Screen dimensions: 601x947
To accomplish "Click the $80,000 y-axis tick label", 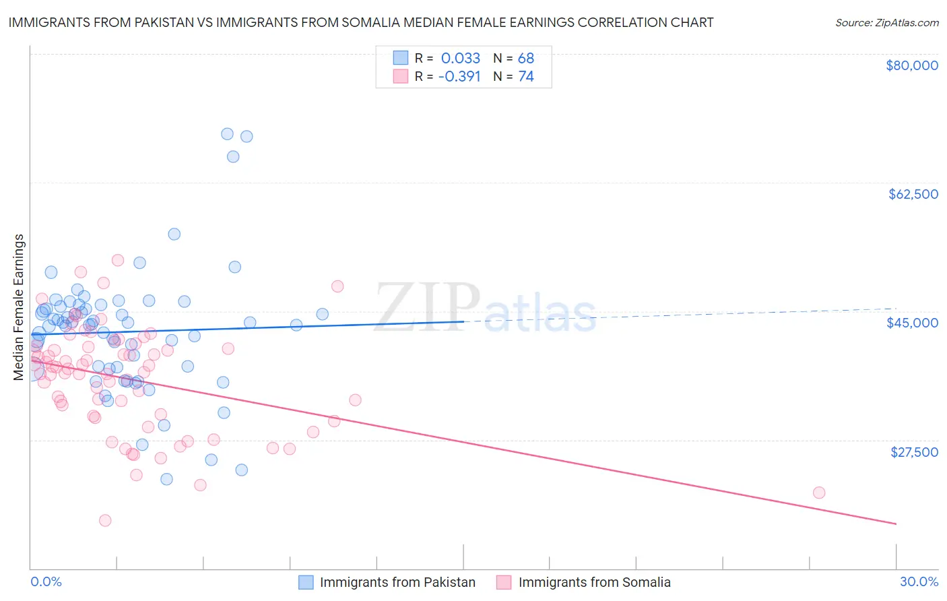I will click(911, 65).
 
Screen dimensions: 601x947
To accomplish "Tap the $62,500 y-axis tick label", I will click(913, 194).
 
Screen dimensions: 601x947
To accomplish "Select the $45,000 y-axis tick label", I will click(912, 323).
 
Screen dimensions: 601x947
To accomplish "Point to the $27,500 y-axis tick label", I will click(914, 452).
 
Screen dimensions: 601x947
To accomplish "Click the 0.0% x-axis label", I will click(46, 581).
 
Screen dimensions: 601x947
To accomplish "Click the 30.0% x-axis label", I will click(919, 581).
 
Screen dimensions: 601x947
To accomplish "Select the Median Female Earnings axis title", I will click(19, 307).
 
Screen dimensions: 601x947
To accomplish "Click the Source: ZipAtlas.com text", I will click(886, 22).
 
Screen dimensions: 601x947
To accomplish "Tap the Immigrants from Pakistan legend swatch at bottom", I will click(306, 582).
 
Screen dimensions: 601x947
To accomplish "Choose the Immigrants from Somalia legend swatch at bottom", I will click(504, 582).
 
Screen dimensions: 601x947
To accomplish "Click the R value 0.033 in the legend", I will click(461, 58).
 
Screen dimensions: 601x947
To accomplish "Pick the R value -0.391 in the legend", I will click(459, 77).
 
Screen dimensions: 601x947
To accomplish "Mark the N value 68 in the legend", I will click(525, 58).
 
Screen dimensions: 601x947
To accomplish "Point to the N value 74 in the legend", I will click(525, 77).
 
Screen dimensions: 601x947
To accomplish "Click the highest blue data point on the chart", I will click(228, 134).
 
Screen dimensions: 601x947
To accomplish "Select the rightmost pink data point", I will click(819, 493).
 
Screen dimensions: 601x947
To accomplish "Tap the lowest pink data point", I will click(105, 520).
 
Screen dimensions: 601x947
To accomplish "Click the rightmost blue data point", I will click(323, 314).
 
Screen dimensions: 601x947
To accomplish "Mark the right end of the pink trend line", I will click(896, 524).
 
